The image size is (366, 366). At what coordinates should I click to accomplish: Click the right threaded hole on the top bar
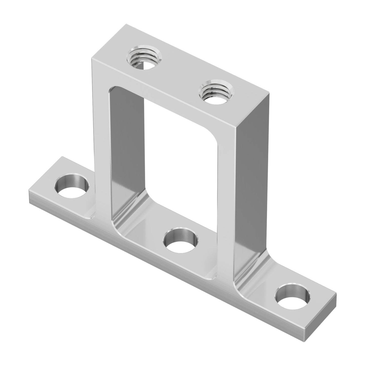[216, 91]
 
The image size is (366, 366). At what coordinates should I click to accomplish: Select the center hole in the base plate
[180, 240]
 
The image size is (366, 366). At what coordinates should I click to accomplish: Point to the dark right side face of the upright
[253, 177]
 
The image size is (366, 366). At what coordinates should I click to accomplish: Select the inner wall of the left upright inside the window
[127, 152]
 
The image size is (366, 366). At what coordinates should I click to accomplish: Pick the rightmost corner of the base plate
[337, 294]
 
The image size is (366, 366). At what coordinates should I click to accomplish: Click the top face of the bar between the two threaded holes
[180, 73]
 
